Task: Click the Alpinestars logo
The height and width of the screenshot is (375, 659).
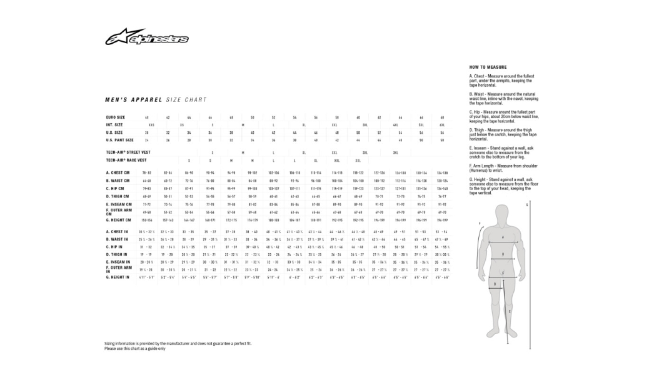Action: pos(146,38)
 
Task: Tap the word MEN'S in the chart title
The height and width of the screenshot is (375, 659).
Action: pos(116,99)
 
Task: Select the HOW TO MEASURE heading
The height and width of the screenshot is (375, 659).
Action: pos(488,67)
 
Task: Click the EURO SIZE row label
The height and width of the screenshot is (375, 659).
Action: pos(115,117)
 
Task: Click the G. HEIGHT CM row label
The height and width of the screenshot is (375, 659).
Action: pos(118,220)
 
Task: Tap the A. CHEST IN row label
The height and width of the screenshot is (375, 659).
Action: pos(118,232)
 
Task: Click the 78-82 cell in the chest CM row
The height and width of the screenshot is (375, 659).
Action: pos(147,172)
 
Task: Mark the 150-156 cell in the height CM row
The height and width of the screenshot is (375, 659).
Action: pos(147,220)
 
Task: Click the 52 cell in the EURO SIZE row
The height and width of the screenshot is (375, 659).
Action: pos(273,117)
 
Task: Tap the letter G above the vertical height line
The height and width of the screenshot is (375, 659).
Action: pos(528,204)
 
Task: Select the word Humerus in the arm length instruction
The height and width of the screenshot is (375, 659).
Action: pos(479,170)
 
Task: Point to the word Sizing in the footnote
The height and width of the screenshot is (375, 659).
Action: pos(110,344)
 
